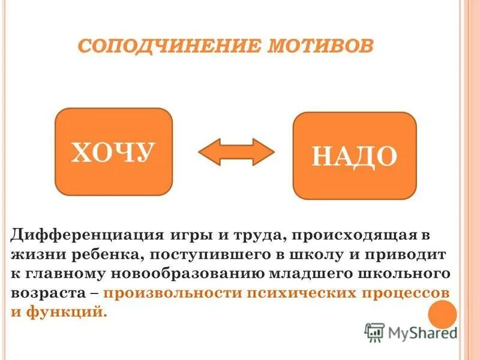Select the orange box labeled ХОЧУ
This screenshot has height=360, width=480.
coord(113,152)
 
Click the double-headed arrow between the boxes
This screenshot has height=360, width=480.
coord(236,152)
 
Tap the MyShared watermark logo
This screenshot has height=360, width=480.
coord(410,331)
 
